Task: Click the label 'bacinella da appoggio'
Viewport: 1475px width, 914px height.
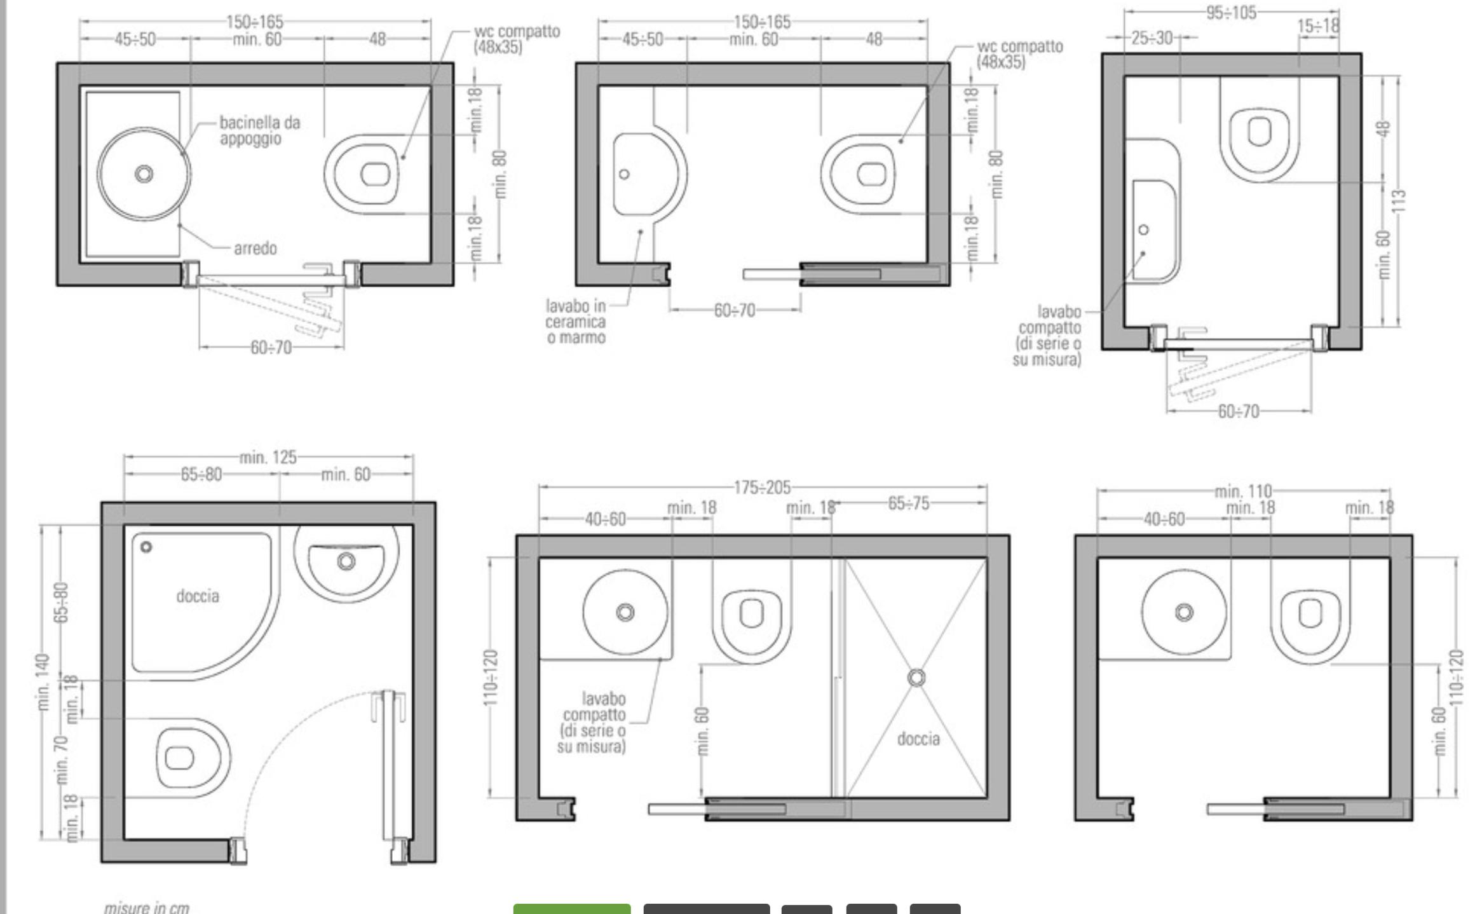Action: point(260,130)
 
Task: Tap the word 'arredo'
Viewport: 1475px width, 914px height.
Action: point(255,248)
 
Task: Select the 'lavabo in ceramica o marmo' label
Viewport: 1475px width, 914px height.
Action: point(576,322)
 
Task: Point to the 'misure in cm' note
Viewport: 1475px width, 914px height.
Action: point(147,907)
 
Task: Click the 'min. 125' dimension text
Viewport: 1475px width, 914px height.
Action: point(268,457)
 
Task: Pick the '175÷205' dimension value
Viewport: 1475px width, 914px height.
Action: point(763,488)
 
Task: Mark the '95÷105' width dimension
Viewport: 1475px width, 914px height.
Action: point(1232,13)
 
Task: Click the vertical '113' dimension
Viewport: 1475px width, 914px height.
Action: point(1399,201)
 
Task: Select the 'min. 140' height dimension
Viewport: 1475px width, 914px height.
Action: point(43,682)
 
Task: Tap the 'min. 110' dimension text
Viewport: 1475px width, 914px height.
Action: point(1244,491)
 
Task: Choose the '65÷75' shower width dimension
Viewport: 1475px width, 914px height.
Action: point(909,503)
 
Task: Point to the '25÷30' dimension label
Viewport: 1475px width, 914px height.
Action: point(1152,38)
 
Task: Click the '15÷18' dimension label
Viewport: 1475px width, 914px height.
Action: point(1319,26)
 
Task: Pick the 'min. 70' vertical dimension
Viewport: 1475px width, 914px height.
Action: point(62,759)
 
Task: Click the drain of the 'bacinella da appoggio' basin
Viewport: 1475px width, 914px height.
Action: point(144,174)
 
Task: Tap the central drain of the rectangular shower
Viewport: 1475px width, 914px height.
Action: point(916,678)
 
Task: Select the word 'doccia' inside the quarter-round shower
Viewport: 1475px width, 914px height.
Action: point(198,596)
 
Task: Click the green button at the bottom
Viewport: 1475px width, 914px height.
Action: point(572,908)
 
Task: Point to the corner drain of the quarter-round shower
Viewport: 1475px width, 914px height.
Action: point(146,547)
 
